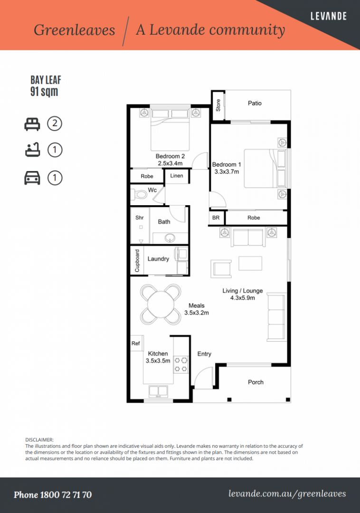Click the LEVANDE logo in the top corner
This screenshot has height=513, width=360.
click(x=328, y=16)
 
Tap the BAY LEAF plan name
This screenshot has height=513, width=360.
click(x=46, y=80)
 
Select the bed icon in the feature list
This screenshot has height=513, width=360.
click(x=32, y=124)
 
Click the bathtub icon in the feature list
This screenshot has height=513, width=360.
click(x=32, y=151)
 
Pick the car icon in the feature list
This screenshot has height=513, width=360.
click(x=32, y=178)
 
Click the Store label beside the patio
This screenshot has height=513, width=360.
click(x=218, y=105)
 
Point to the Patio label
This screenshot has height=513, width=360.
click(x=255, y=103)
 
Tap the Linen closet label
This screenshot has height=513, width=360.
click(x=177, y=176)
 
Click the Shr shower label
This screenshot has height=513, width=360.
click(x=140, y=218)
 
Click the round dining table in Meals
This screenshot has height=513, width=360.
click(x=161, y=304)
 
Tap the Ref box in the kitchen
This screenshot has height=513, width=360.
click(x=136, y=343)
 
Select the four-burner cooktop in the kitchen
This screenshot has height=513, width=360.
click(x=180, y=364)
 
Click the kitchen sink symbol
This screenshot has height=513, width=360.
click(x=158, y=391)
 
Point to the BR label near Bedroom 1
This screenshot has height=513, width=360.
click(x=216, y=218)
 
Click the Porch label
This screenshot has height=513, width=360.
click(x=256, y=382)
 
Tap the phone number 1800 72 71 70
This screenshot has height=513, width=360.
click(x=53, y=495)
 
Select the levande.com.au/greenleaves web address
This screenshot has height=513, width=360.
click(x=287, y=494)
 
